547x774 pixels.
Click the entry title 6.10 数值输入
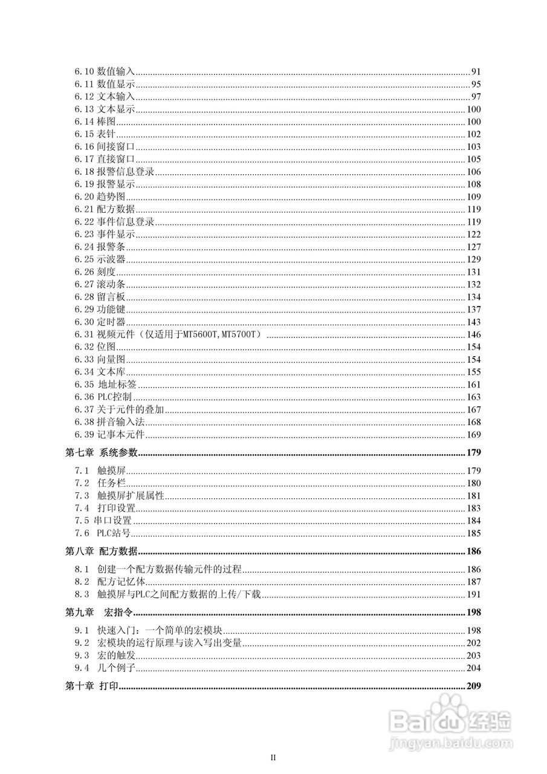[105, 72]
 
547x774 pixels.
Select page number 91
[475, 72]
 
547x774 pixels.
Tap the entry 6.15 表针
[95, 134]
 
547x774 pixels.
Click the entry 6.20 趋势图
[100, 197]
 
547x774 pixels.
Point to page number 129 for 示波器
[473, 259]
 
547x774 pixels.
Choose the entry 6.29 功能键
[100, 310]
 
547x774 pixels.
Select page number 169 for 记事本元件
[473, 435]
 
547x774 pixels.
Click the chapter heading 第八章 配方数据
[102, 551]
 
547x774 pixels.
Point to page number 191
[473, 594]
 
